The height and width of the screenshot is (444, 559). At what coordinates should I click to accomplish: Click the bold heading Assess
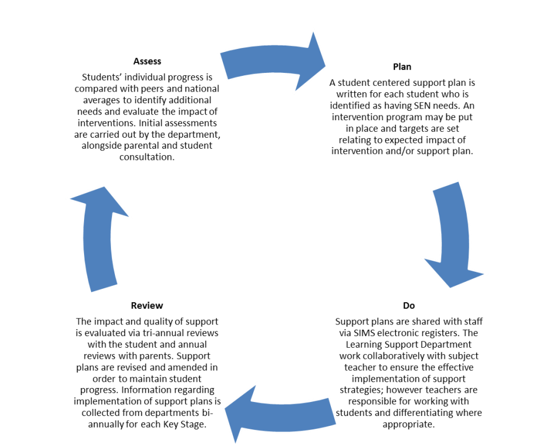pyautogui.click(x=147, y=61)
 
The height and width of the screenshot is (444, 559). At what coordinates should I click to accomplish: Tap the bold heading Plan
pyautogui.click(x=402, y=67)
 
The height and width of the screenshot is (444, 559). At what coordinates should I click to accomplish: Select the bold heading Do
pyautogui.click(x=408, y=306)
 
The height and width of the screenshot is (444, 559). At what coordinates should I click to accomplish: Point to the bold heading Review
pyautogui.click(x=147, y=306)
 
